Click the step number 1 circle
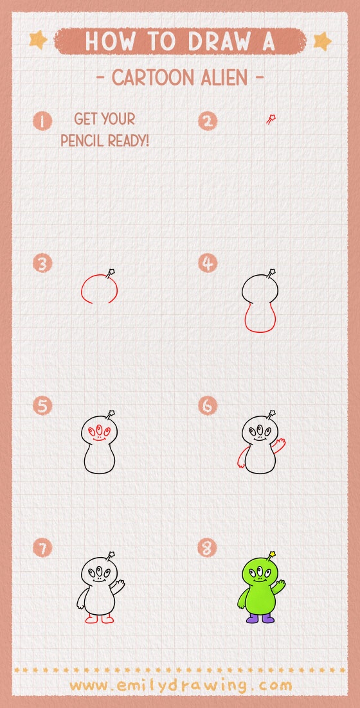tap(42, 121)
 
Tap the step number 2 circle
tap(208, 121)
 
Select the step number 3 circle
tap(42, 263)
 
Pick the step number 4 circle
tap(208, 263)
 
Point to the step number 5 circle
tap(42, 406)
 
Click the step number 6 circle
tap(208, 406)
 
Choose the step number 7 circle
tap(42, 548)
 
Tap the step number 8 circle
tap(208, 548)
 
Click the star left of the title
tap(38, 40)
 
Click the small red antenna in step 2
tap(271, 119)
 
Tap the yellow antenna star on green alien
tap(273, 554)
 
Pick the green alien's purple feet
tap(260, 618)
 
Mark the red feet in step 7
tap(99, 619)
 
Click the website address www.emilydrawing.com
tap(180, 686)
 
